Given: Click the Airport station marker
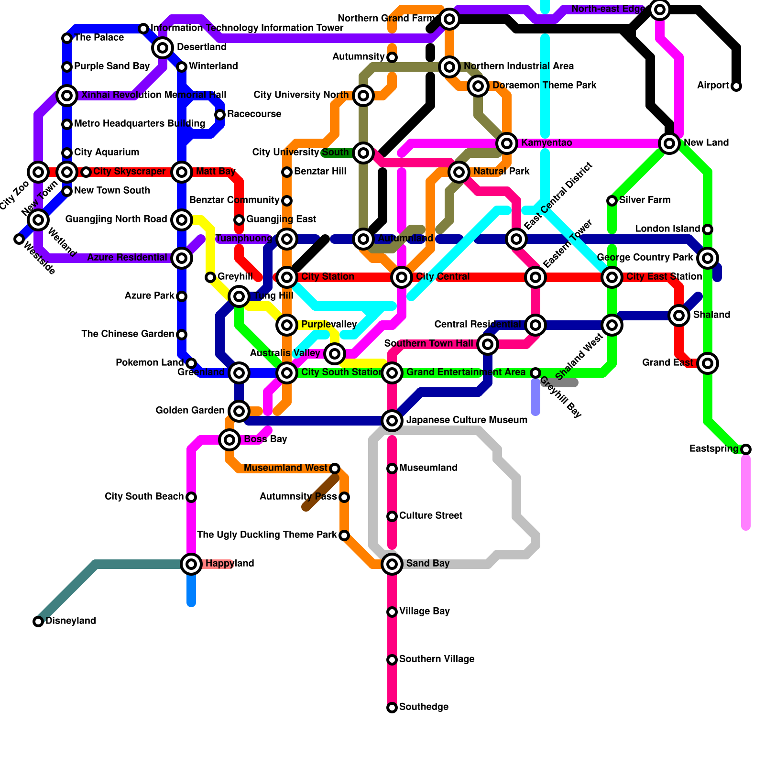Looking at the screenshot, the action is click(736, 86).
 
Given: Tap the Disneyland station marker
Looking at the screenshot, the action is click(38, 622).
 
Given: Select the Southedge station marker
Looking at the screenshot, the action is click(392, 708).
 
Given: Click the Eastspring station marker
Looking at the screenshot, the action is click(746, 449).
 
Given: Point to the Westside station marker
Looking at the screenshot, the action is click(19, 239).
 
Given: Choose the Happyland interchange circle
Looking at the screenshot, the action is click(191, 564).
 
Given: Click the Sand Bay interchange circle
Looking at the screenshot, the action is click(392, 564).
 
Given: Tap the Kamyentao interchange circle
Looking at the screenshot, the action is click(507, 143).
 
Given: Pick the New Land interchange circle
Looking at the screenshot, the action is click(669, 143).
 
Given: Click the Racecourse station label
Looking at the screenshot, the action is click(254, 114).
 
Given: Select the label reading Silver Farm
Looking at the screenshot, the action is click(645, 200).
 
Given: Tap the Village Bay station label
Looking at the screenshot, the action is click(424, 612).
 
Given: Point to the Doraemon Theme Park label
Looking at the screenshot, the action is click(544, 86).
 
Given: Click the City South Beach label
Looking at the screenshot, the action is click(144, 497).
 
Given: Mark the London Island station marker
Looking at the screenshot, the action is click(708, 229).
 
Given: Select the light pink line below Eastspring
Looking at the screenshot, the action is click(746, 492).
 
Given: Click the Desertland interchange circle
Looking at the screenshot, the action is click(163, 47).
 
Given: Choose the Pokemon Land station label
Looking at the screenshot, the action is click(150, 363).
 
